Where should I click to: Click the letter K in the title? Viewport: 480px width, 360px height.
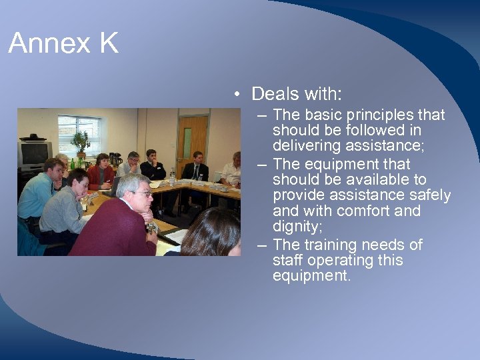(x=108, y=44)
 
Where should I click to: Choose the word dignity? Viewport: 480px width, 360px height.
(x=296, y=227)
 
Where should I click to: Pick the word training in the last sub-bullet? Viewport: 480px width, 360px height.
(x=326, y=245)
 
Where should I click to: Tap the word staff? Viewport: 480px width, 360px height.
(x=287, y=260)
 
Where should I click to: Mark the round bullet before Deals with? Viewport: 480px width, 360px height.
(x=237, y=95)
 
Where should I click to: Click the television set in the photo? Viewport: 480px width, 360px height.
(x=33, y=153)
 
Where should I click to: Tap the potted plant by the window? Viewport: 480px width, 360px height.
(x=81, y=142)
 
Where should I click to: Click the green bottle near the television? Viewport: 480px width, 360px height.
(x=72, y=163)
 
